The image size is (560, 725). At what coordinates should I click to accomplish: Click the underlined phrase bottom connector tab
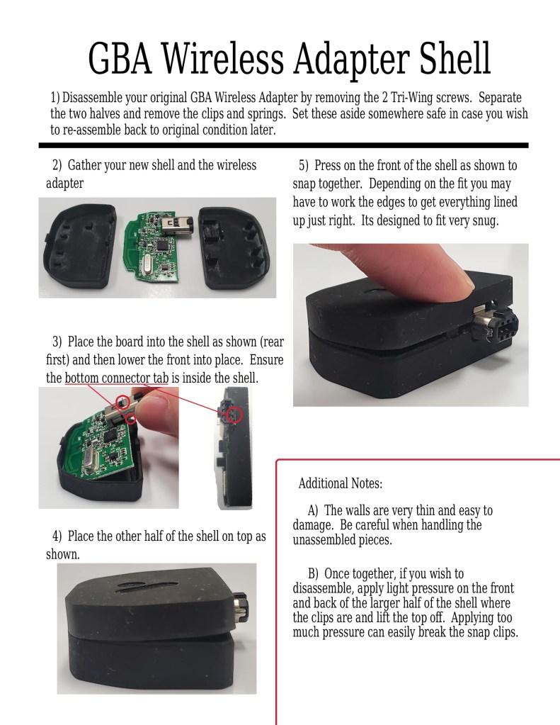pyautogui.click(x=116, y=378)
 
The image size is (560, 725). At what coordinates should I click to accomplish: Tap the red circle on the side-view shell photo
pyautogui.click(x=236, y=415)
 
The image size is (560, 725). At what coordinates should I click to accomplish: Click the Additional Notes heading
pyautogui.click(x=341, y=483)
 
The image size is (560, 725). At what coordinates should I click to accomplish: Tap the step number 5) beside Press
pyautogui.click(x=303, y=165)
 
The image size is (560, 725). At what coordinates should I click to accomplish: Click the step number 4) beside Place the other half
pyautogui.click(x=57, y=536)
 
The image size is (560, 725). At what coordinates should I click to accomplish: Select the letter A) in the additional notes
pyautogui.click(x=313, y=510)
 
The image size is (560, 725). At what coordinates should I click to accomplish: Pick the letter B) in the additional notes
pyautogui.click(x=313, y=574)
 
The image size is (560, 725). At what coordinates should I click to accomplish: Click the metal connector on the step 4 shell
pyautogui.click(x=241, y=606)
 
